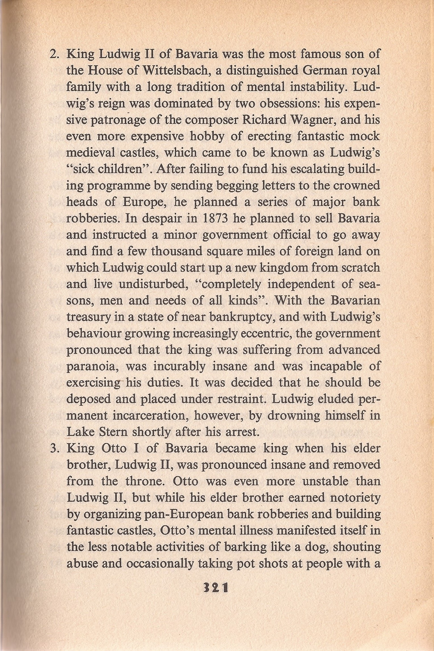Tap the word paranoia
point(92,366)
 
